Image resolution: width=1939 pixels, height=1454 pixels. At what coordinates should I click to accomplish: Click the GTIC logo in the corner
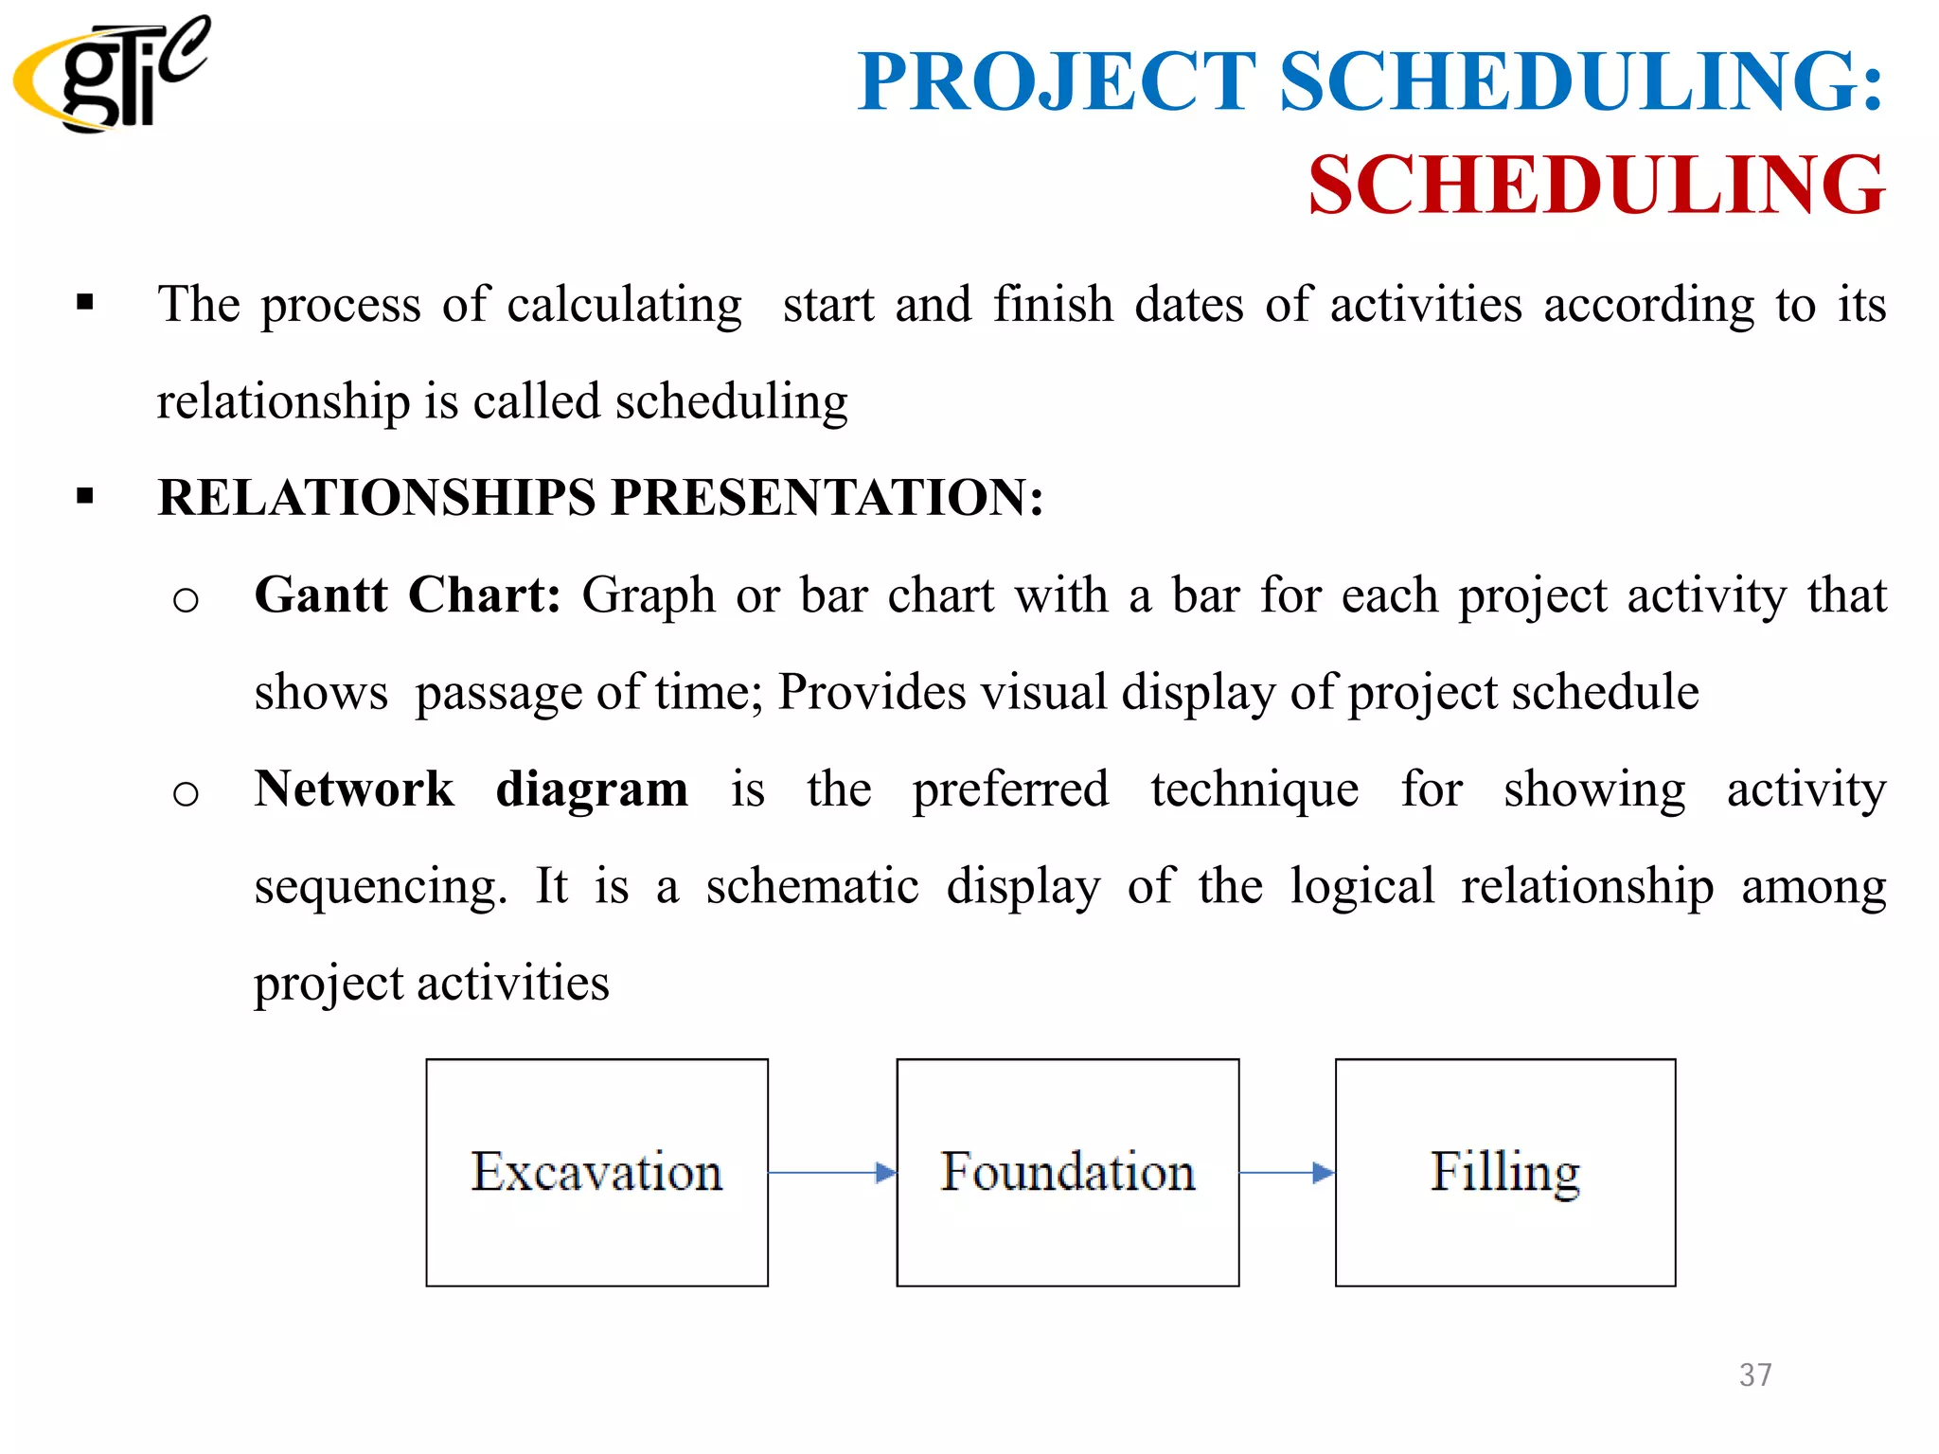(112, 74)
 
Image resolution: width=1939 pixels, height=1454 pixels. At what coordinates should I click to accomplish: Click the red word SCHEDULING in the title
(1596, 186)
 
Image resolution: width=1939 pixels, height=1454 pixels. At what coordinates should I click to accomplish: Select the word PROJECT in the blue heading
(1057, 82)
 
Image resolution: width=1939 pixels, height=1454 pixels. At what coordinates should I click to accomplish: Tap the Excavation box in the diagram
(596, 1172)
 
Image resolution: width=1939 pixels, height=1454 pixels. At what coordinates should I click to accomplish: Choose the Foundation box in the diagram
(1067, 1172)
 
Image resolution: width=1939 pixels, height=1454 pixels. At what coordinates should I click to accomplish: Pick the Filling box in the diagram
(1504, 1172)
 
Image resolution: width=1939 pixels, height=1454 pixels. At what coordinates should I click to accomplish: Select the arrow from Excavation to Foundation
(832, 1173)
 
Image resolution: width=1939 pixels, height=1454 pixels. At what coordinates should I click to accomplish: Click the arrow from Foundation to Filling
(1287, 1173)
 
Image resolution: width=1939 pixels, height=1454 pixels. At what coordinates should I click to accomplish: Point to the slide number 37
(1755, 1374)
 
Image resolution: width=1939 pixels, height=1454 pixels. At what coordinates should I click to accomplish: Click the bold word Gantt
(321, 595)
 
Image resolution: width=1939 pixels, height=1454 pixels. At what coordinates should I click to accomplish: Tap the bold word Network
(354, 789)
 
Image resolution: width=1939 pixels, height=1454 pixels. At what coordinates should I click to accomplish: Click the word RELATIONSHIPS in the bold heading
(376, 498)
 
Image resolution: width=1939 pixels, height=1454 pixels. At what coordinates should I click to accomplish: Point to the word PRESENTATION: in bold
(827, 498)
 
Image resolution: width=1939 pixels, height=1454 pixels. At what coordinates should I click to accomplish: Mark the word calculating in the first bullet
(624, 306)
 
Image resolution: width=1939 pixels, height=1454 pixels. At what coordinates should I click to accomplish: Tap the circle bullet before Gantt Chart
(186, 599)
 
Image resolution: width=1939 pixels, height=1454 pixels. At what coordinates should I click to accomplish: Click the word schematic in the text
(812, 887)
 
